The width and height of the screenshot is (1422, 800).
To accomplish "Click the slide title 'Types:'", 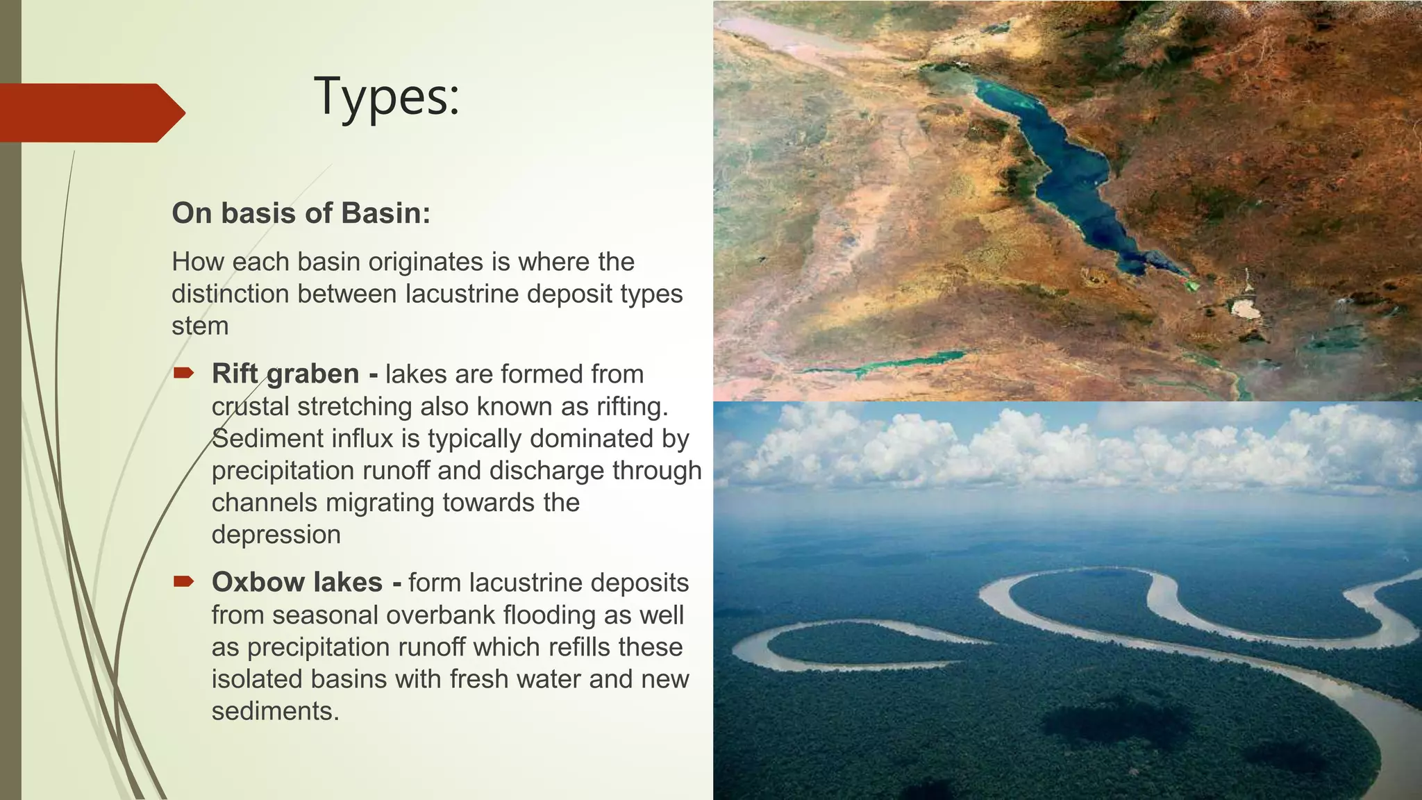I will [387, 97].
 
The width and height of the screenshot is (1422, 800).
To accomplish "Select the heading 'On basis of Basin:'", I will [301, 213].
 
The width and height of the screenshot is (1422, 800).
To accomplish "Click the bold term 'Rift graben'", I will [285, 374].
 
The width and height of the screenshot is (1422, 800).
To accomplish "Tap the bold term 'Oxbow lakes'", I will [297, 582].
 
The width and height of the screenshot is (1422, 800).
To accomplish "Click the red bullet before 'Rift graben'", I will [183, 374].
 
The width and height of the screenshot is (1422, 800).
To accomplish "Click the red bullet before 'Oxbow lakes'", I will [183, 582].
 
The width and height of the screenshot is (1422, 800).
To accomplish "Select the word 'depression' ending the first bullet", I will [276, 535].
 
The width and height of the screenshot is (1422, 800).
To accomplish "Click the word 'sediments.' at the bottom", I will [276, 711].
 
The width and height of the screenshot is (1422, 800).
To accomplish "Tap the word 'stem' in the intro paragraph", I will [200, 326].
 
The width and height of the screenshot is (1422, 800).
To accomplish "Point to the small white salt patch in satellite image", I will [1245, 309].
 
